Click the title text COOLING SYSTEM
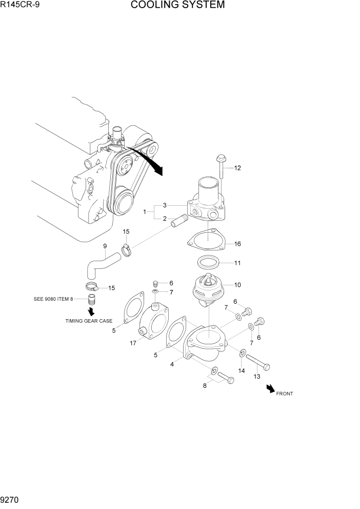pyautogui.click(x=177, y=6)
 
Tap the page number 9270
pyautogui.click(x=12, y=499)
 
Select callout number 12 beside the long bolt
pyautogui.click(x=237, y=168)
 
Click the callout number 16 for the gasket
pyautogui.click(x=237, y=244)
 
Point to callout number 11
pyautogui.click(x=237, y=263)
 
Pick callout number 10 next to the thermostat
pyautogui.click(x=237, y=285)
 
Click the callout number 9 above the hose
pyautogui.click(x=105, y=246)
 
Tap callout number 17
pyautogui.click(x=133, y=343)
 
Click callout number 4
pyautogui.click(x=172, y=364)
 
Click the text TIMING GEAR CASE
pyautogui.click(x=88, y=321)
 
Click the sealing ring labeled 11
pyautogui.click(x=209, y=263)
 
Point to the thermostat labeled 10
pyautogui.click(x=207, y=290)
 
